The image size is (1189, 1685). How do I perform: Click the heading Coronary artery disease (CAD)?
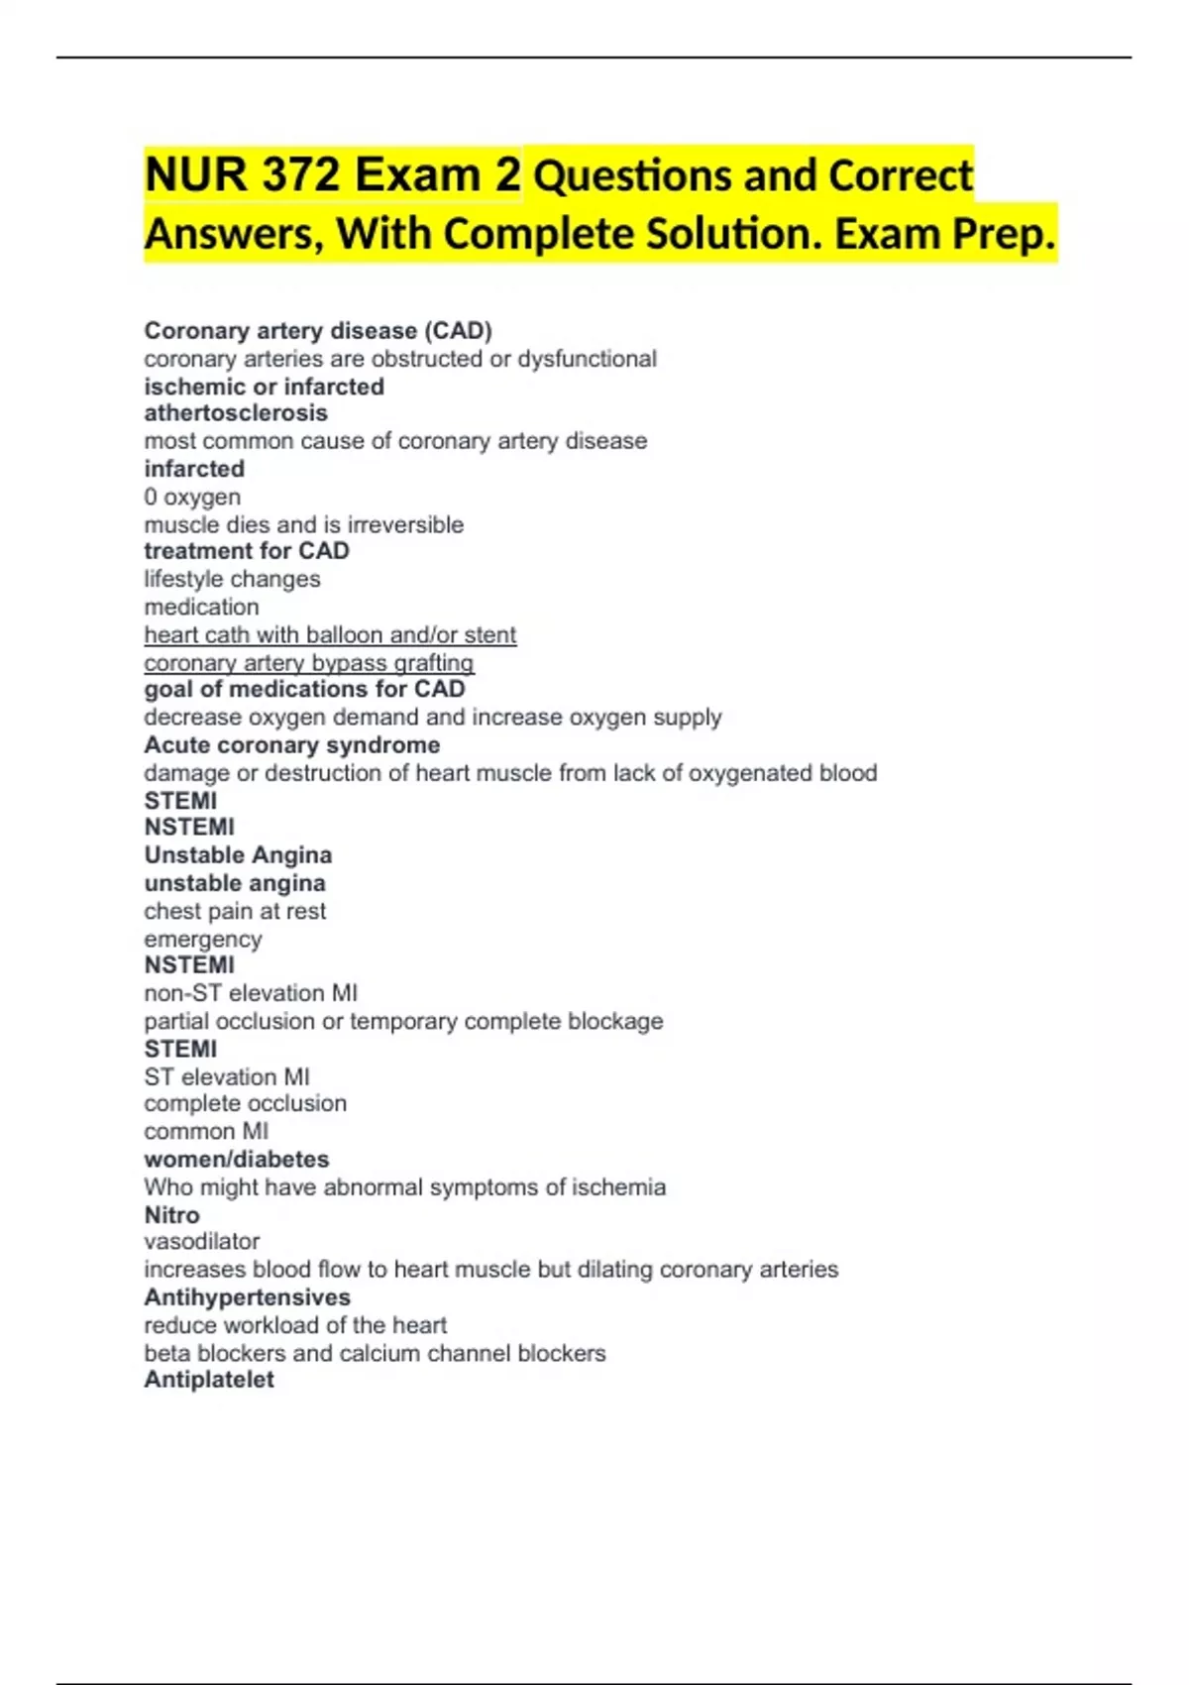318,331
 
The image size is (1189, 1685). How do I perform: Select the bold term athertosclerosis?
236,413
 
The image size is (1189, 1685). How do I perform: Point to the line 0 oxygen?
192,497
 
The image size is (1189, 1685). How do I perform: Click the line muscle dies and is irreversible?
303,524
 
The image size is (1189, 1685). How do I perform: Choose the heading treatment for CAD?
247,551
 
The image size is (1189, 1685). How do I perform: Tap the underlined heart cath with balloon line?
330,634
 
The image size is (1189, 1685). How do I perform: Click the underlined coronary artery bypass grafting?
309,662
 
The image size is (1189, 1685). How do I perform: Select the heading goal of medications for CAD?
304,689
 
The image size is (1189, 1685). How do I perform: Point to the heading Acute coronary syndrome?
292,745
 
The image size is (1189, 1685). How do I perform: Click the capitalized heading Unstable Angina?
238,855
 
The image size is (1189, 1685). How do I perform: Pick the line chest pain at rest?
235,911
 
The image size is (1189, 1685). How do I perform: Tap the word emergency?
203,939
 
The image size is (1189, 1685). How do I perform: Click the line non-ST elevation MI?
251,993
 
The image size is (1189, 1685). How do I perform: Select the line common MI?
206,1131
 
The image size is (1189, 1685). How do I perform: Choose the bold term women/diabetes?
237,1159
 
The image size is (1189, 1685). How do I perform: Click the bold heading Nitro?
171,1215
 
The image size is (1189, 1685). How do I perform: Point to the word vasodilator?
202,1242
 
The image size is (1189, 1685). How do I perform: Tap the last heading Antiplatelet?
209,1380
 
